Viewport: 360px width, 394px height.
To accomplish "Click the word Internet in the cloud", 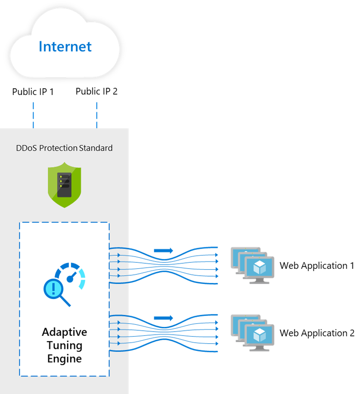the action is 65,46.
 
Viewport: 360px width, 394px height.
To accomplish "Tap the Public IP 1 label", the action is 33,92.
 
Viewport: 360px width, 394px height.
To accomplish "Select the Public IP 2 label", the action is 96,91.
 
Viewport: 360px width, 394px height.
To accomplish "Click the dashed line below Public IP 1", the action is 33,115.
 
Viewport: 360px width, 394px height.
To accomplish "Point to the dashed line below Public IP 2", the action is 97,115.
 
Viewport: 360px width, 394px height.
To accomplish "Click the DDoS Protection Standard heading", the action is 64,148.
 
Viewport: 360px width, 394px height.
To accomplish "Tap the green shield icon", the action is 65,185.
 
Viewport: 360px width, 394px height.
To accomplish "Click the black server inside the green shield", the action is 65,185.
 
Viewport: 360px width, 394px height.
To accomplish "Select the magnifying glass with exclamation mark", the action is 56,292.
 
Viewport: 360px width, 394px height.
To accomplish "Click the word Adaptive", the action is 65,332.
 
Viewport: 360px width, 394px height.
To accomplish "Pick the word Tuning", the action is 65,345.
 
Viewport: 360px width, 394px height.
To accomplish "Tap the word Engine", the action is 65,359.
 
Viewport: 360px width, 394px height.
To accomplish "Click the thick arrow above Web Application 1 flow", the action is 164,250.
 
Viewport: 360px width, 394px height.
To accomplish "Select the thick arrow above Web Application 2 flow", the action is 164,318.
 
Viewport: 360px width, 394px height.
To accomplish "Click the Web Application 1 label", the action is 317,265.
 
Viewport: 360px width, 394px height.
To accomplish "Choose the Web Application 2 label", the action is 317,333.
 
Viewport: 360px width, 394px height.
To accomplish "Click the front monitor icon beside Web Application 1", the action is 259,270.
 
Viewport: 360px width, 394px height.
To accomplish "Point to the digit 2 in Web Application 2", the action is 352,333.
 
